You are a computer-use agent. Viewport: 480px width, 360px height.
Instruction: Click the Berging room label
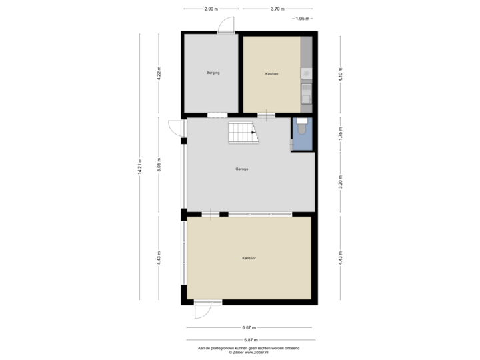[213, 72]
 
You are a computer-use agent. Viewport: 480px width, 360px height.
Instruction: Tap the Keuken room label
[271, 73]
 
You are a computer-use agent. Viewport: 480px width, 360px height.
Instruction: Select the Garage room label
[241, 169]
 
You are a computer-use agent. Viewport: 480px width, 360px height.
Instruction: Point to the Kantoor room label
[249, 257]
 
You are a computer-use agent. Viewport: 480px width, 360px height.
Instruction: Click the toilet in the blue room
[301, 127]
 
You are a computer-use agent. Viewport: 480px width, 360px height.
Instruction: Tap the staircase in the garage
[243, 133]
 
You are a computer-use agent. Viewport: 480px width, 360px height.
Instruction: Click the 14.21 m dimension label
[139, 166]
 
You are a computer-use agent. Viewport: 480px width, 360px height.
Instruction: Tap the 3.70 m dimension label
[277, 9]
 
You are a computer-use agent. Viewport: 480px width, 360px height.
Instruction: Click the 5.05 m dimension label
[158, 166]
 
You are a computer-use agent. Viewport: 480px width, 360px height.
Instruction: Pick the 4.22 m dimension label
[158, 72]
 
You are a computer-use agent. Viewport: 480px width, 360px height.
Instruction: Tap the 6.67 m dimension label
[249, 327]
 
